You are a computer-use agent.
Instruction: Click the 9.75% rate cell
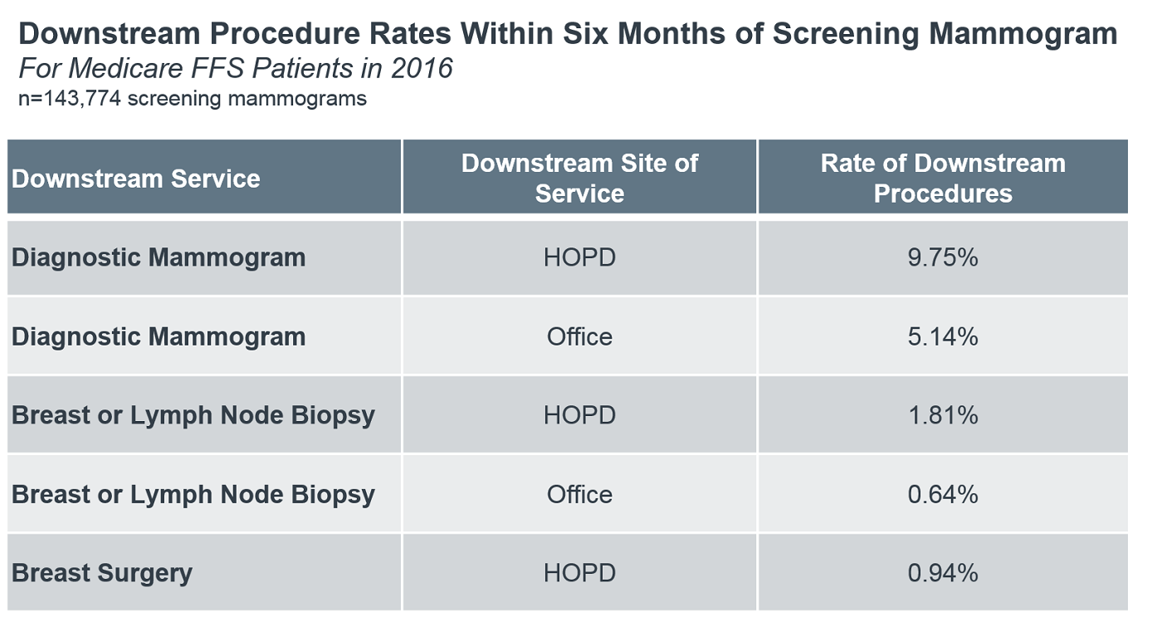pos(943,257)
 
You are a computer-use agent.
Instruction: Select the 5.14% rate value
pos(943,336)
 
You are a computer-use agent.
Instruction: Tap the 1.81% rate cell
pos(943,415)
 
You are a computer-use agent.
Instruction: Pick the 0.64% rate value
pos(943,494)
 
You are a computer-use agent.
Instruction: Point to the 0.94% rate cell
pos(943,573)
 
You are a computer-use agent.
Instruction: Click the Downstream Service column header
pos(136,179)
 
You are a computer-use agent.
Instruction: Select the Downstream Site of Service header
pos(579,178)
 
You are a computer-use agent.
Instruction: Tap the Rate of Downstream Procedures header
pos(943,178)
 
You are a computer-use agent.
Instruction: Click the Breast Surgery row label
pos(102,573)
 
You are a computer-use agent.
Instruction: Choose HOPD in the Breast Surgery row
pos(579,573)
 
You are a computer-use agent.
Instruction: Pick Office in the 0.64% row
pos(579,494)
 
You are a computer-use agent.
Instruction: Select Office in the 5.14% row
pos(579,336)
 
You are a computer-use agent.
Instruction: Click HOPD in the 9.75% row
pos(579,257)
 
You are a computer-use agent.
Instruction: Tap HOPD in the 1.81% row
pos(579,415)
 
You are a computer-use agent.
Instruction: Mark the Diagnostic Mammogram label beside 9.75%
pos(159,257)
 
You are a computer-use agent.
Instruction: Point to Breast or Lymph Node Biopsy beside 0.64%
pos(193,494)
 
